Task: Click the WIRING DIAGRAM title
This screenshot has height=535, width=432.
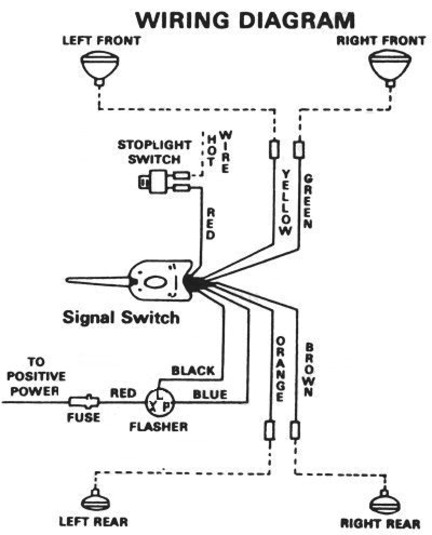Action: tap(245, 20)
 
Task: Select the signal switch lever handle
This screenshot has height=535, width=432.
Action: tap(97, 281)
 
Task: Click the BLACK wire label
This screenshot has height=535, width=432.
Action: tap(193, 371)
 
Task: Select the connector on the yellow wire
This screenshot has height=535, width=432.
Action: tap(274, 148)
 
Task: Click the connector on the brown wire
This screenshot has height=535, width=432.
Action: tap(295, 430)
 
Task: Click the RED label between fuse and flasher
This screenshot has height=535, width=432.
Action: tap(123, 393)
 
